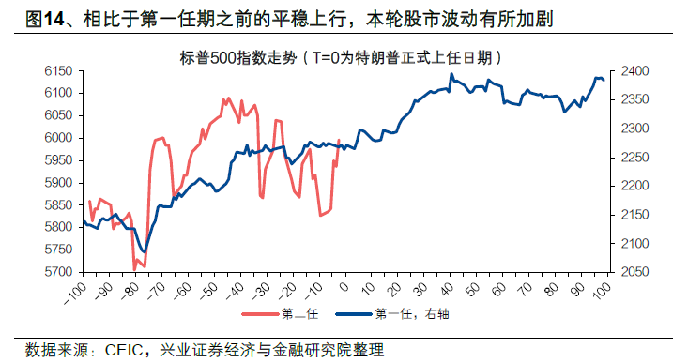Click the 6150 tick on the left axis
click(x=58, y=71)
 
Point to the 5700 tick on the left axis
click(x=58, y=272)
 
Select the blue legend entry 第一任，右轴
click(x=404, y=313)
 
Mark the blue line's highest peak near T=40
click(x=451, y=74)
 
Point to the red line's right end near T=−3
click(x=338, y=141)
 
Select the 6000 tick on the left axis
click(x=58, y=138)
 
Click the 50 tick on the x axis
click(x=478, y=285)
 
